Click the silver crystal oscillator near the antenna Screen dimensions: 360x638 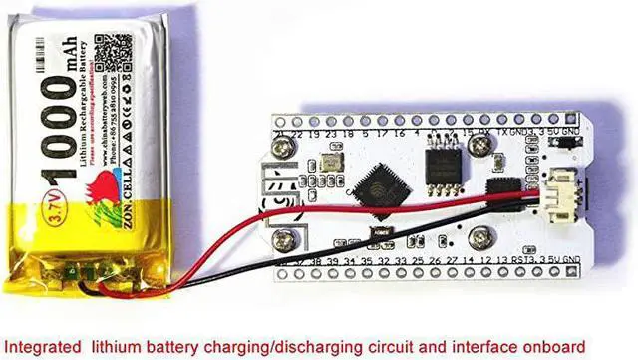[x=330, y=162]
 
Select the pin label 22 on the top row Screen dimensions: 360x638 [x=297, y=132]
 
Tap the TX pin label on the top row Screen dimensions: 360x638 [x=502, y=132]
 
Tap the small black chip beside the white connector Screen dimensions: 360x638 [x=498, y=187]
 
